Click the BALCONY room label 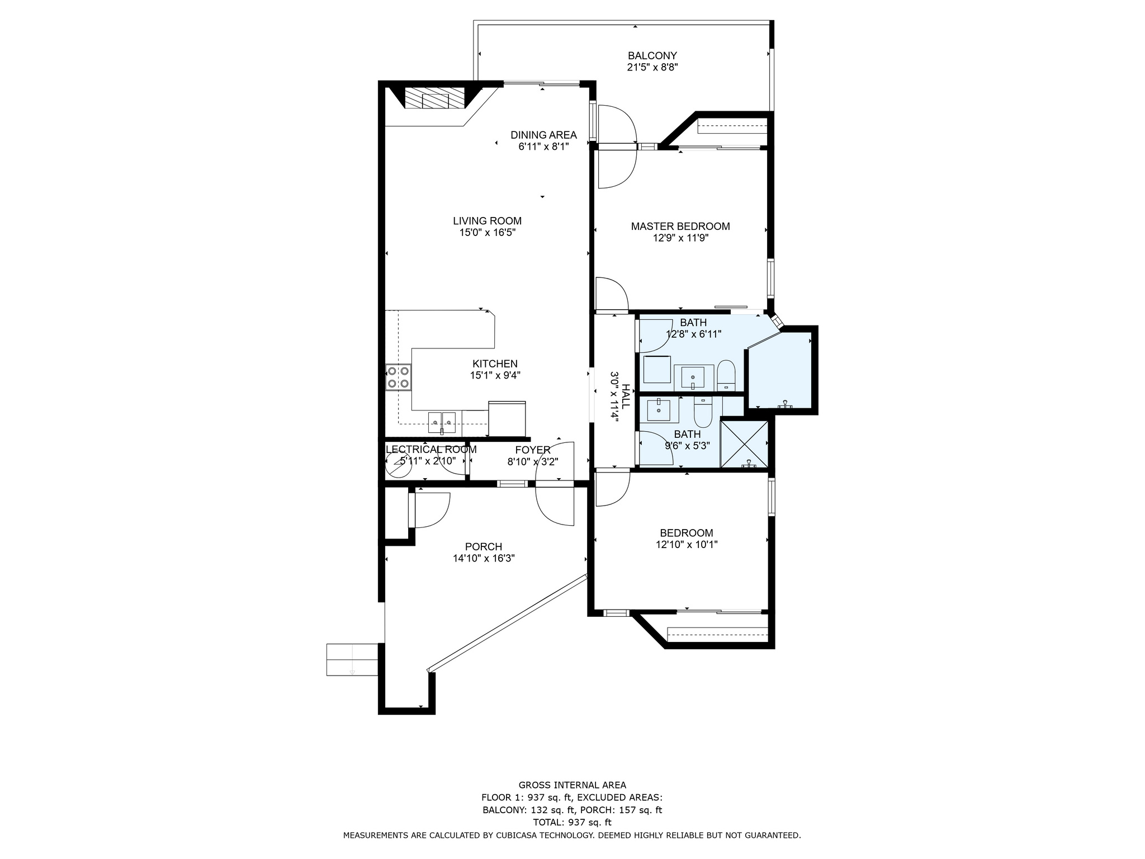click(652, 56)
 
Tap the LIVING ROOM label click(487, 221)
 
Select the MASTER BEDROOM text click(680, 226)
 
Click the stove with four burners click(399, 377)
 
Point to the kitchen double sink click(442, 422)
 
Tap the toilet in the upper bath click(726, 375)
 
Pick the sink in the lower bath click(662, 409)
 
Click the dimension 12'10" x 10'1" click(687, 544)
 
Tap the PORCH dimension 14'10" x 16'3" click(484, 558)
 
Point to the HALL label click(626, 396)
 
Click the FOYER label click(533, 450)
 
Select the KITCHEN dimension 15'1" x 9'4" click(495, 375)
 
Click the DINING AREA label click(543, 135)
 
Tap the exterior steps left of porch click(353, 660)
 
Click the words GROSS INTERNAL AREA click(572, 785)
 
